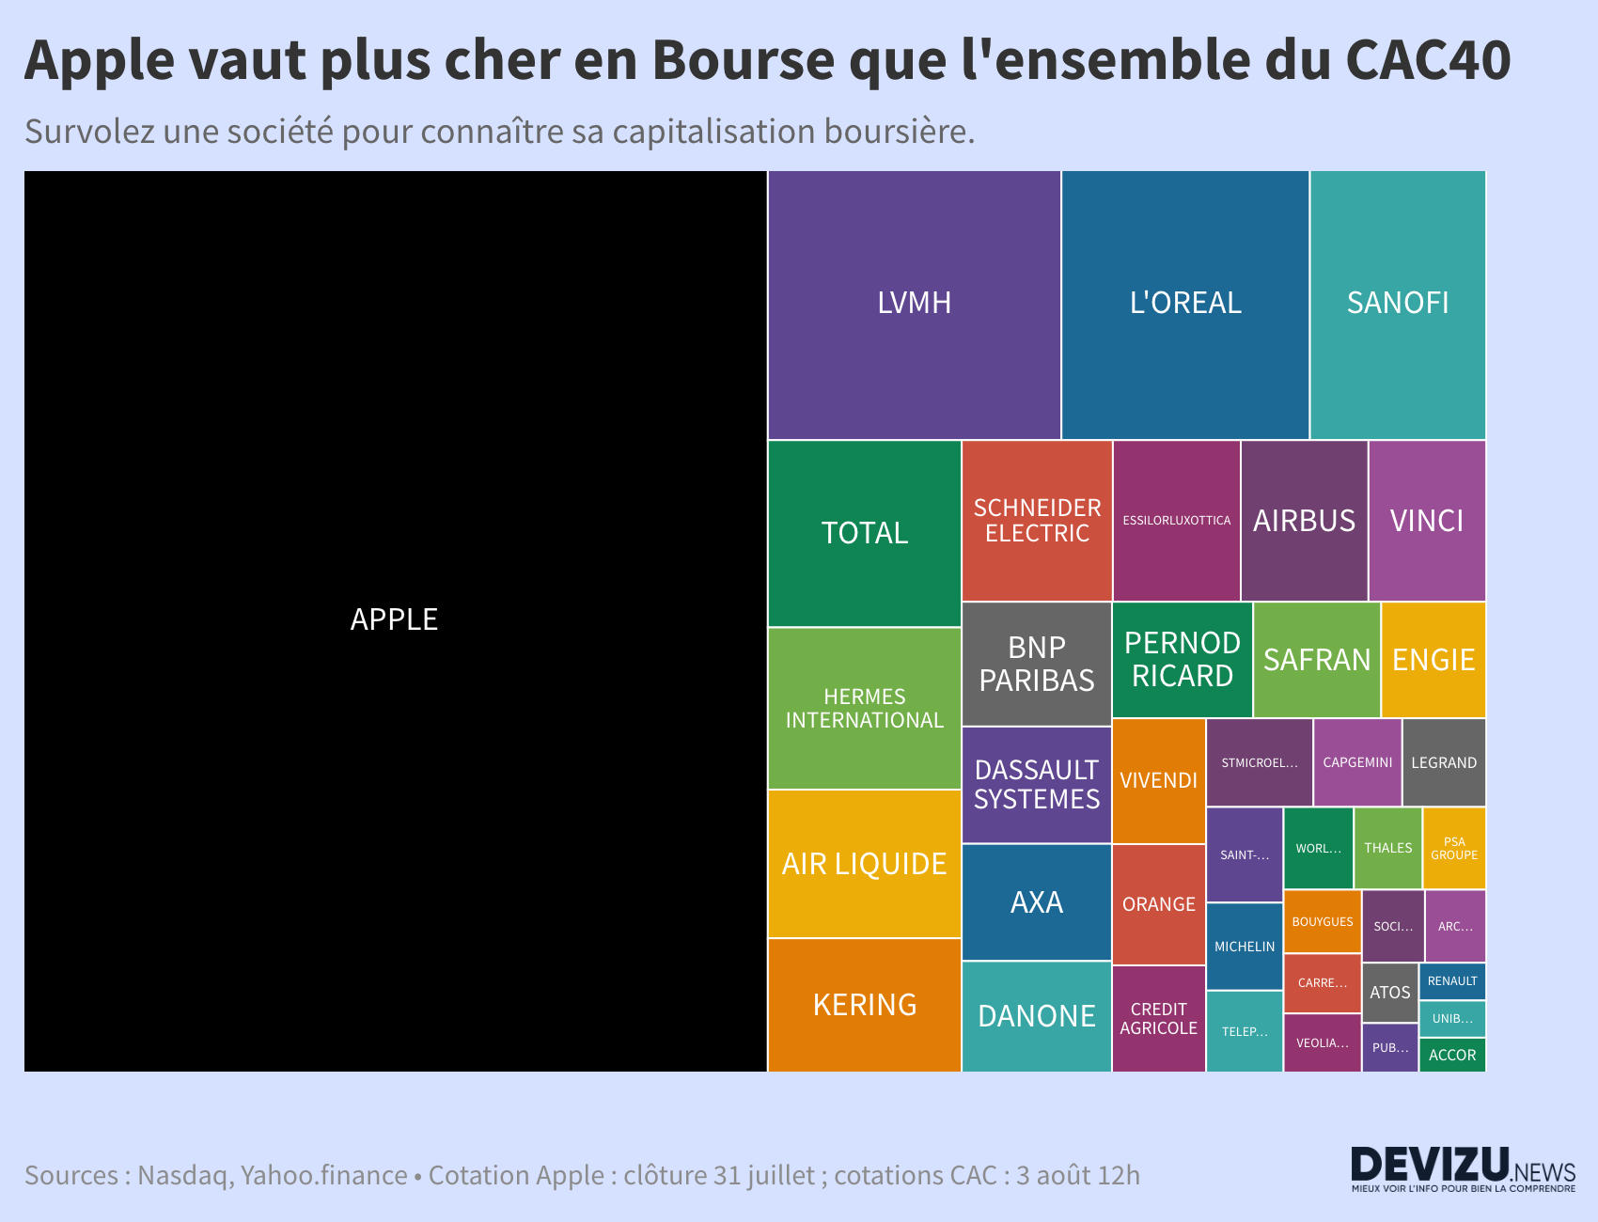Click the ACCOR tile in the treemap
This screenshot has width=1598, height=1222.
click(x=1451, y=1055)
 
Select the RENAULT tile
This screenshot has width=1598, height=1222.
click(x=1451, y=981)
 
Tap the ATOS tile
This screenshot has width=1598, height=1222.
click(x=1389, y=993)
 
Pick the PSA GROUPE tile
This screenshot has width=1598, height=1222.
click(x=1453, y=848)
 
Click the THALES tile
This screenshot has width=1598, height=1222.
click(x=1387, y=848)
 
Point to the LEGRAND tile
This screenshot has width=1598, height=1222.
click(x=1443, y=762)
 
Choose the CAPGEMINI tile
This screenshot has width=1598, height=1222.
click(x=1356, y=762)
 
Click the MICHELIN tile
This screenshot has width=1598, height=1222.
click(x=1244, y=947)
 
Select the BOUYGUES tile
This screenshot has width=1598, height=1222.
click(x=1322, y=922)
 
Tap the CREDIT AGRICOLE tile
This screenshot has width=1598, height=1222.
click(x=1158, y=1019)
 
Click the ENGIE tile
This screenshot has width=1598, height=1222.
click(x=1433, y=660)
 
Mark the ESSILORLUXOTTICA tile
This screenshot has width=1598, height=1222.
click(x=1176, y=521)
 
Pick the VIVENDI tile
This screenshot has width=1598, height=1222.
click(x=1158, y=780)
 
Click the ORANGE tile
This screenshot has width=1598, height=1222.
click(x=1158, y=904)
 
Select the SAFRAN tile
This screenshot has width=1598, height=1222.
click(x=1316, y=660)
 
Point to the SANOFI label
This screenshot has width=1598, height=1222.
click(x=1397, y=303)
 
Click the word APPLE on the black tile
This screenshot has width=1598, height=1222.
click(x=394, y=619)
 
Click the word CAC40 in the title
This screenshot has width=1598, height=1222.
click(x=1427, y=60)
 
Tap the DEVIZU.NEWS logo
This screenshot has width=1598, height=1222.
click(x=1463, y=1168)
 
